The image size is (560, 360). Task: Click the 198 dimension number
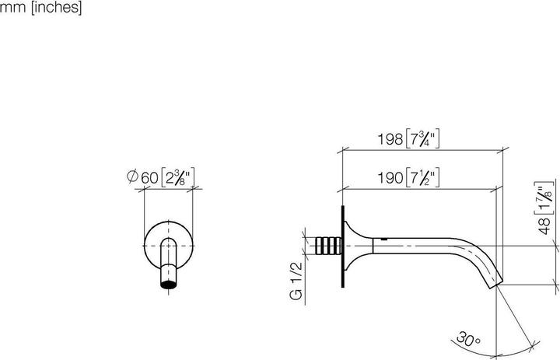pos(390,139)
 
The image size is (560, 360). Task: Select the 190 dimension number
pos(390,178)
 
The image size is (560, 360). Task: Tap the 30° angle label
pos(468,338)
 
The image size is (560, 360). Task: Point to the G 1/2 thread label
pos(296,281)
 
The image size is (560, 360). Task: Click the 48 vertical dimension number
pos(544,225)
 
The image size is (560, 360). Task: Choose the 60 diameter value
pos(149,178)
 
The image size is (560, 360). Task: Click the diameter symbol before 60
pos(132,177)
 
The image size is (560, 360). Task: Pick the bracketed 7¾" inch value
pos(423,139)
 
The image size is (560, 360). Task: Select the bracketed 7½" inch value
pos(423,177)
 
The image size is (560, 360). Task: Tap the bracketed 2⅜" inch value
pos(177,177)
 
